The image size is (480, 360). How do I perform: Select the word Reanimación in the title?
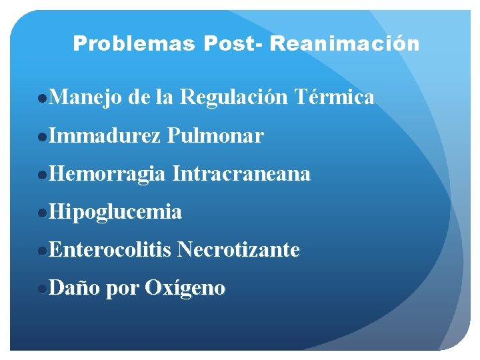[x=345, y=44]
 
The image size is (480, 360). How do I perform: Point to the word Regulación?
[x=234, y=98]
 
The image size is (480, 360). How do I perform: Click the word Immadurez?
[x=105, y=136]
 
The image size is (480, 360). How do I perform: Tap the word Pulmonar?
[x=216, y=136]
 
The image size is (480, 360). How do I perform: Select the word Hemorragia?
[x=107, y=174]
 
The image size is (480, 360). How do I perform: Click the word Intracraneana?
[x=241, y=174]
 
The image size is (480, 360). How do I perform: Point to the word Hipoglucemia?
[x=115, y=212]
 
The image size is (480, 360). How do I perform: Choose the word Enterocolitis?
[x=111, y=250]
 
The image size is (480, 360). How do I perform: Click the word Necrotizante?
[x=239, y=250]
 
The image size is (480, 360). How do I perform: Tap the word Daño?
[x=75, y=288]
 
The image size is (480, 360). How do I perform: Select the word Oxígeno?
[x=185, y=289]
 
